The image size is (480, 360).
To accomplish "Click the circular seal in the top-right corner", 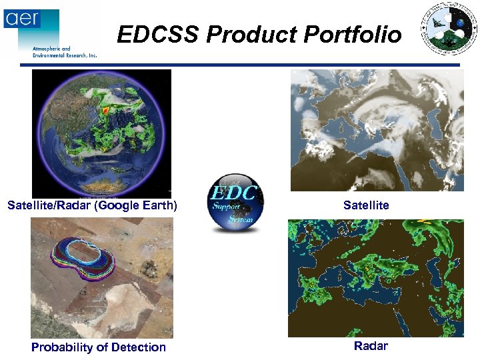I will tap(449, 31).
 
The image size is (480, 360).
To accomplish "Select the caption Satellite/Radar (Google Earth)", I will tap(92, 205).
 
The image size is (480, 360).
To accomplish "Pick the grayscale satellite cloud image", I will tap(377, 131).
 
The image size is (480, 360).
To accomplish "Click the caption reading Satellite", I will tap(366, 205).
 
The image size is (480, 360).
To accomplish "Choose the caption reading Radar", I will tap(371, 346).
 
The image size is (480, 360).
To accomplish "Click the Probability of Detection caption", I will tap(99, 347).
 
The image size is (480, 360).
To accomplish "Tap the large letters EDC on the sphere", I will tap(234, 193).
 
